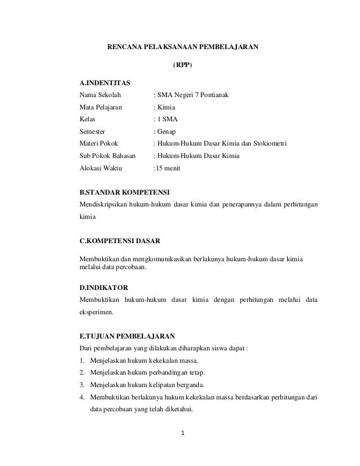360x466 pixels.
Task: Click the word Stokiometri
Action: click(269, 144)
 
